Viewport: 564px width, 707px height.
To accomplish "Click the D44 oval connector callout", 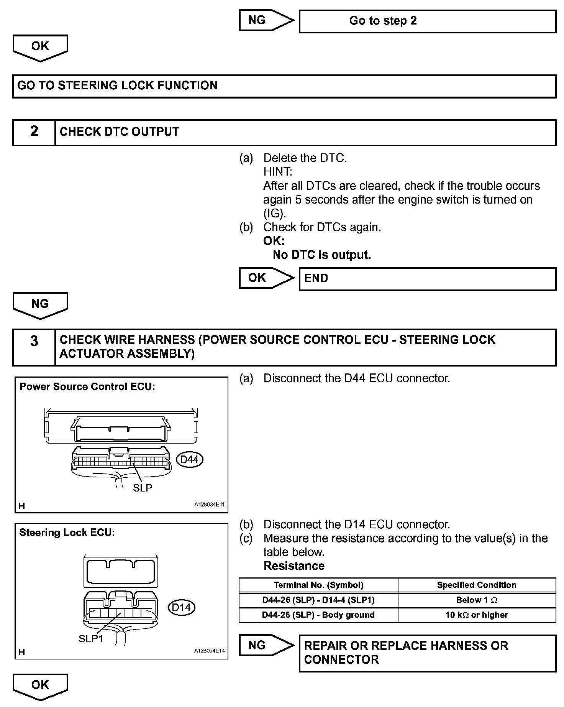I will coord(189,459).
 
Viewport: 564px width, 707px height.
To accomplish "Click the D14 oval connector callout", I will coord(182,607).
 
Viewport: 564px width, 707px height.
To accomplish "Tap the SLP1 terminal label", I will coord(91,638).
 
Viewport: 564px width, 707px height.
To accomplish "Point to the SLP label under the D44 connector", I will coord(143,487).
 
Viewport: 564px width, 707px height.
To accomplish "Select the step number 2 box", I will coord(34,132).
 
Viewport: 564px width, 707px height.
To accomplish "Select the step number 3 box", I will coord(34,347).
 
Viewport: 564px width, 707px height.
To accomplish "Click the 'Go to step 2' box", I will coord(427,21).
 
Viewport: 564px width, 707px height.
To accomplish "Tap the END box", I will coord(427,278).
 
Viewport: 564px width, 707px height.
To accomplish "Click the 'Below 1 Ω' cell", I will coord(477,600).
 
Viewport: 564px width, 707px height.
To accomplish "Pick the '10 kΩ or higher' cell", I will coord(477,615).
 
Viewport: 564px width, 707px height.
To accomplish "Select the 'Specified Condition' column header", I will coord(477,585).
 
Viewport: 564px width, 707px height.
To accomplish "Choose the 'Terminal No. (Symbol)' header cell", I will coord(318,585).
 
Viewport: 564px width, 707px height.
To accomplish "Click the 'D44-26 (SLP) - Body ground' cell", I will coord(318,615).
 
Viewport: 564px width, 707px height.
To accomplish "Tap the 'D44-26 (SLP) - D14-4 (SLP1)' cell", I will coord(318,600).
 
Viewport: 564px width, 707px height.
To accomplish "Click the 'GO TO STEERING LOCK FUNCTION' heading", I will coord(117,85).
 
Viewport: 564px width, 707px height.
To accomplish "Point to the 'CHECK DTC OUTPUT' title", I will coord(120,132).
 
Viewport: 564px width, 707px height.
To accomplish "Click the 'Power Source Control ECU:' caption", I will coord(87,386).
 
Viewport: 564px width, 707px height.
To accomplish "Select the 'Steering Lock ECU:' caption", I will coord(67,533).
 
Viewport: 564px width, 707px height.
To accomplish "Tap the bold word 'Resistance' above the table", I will coord(294,566).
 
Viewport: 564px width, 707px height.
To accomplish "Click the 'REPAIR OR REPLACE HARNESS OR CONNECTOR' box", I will coord(427,653).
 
